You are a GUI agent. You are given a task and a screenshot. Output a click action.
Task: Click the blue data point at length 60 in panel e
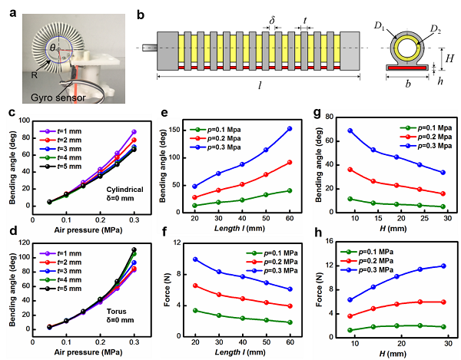[x=290, y=129]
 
